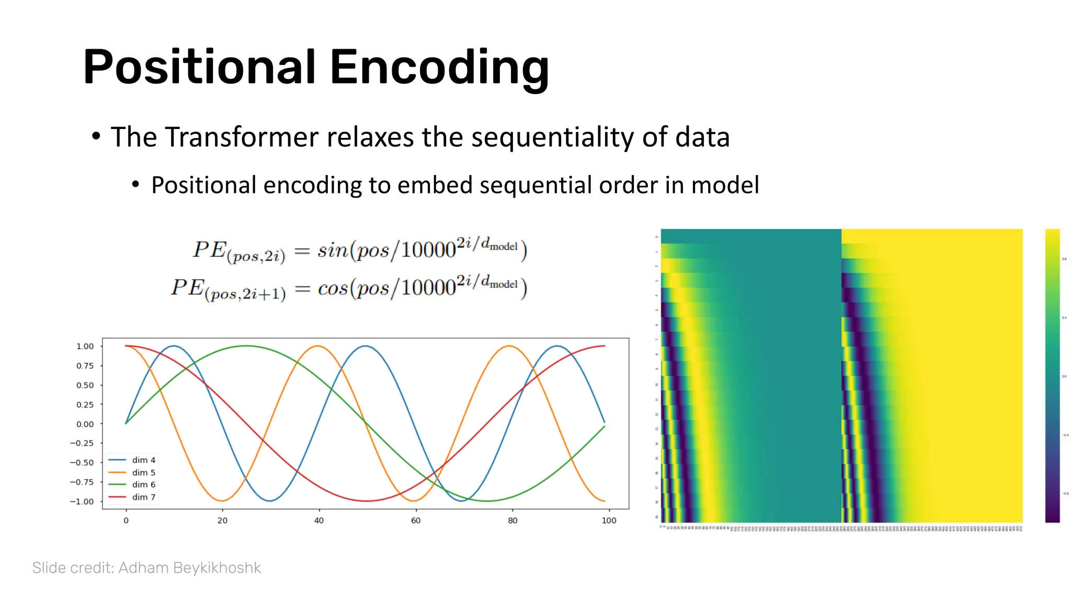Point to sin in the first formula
click(333, 250)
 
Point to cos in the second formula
click(333, 288)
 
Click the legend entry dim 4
click(143, 460)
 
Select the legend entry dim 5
click(143, 472)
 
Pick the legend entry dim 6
click(143, 484)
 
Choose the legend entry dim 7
click(143, 497)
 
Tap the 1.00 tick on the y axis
click(85, 346)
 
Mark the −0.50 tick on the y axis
click(82, 462)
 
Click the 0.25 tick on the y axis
click(85, 404)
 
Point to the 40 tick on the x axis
click(319, 520)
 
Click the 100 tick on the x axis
click(609, 520)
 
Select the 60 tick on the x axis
click(416, 520)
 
